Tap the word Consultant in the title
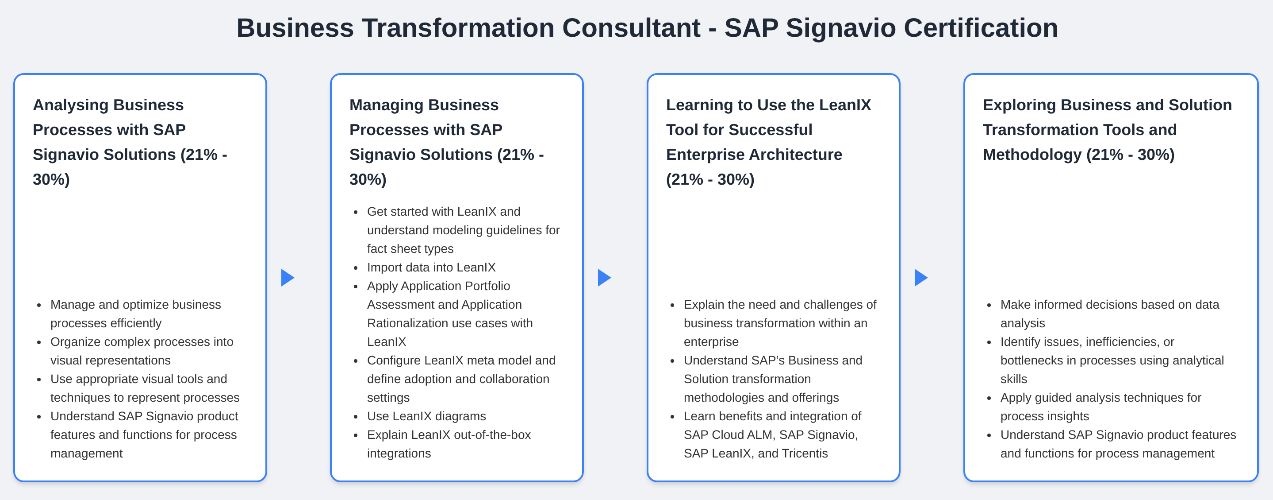click(x=631, y=28)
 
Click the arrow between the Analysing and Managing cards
click(x=288, y=277)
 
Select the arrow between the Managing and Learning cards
click(x=604, y=277)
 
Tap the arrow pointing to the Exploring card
click(x=921, y=277)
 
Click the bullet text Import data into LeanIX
click(x=431, y=267)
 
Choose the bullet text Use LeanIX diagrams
click(x=426, y=416)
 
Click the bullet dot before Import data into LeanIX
click(x=356, y=268)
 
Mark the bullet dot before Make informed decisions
click(x=989, y=305)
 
